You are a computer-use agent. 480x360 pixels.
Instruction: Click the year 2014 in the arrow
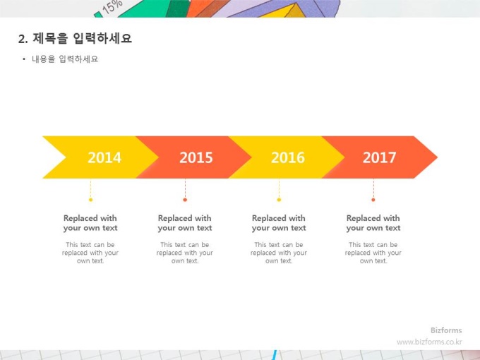click(x=104, y=157)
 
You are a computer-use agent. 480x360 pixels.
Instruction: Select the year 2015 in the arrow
click(x=196, y=157)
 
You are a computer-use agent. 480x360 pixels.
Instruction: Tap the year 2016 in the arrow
click(x=288, y=157)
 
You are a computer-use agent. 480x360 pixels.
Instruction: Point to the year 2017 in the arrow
click(x=379, y=157)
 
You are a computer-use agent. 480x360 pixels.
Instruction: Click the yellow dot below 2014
click(x=90, y=200)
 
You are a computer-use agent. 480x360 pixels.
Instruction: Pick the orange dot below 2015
click(x=185, y=200)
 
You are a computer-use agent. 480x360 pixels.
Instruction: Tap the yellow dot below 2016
click(x=279, y=200)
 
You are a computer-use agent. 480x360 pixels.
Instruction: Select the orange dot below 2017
click(x=373, y=200)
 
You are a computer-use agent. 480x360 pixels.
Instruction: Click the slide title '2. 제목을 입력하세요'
click(x=75, y=39)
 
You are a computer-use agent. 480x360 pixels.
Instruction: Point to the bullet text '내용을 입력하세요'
click(x=65, y=59)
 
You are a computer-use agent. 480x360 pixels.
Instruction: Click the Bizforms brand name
click(x=446, y=330)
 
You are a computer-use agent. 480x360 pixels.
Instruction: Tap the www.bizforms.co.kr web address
click(x=429, y=342)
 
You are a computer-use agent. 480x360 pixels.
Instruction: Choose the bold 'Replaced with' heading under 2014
click(x=90, y=218)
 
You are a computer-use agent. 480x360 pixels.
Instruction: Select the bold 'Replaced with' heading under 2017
click(x=373, y=218)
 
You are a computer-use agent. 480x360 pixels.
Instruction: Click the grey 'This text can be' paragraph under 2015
click(x=185, y=253)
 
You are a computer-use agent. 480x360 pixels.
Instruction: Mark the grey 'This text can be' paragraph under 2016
click(x=279, y=253)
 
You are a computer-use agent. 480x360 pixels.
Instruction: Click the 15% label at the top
click(x=112, y=7)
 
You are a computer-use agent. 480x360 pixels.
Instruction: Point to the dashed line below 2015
click(x=185, y=188)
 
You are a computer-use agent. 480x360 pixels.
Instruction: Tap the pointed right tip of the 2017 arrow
click(x=438, y=157)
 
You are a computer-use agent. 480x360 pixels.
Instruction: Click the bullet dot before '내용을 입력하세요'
click(x=24, y=59)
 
